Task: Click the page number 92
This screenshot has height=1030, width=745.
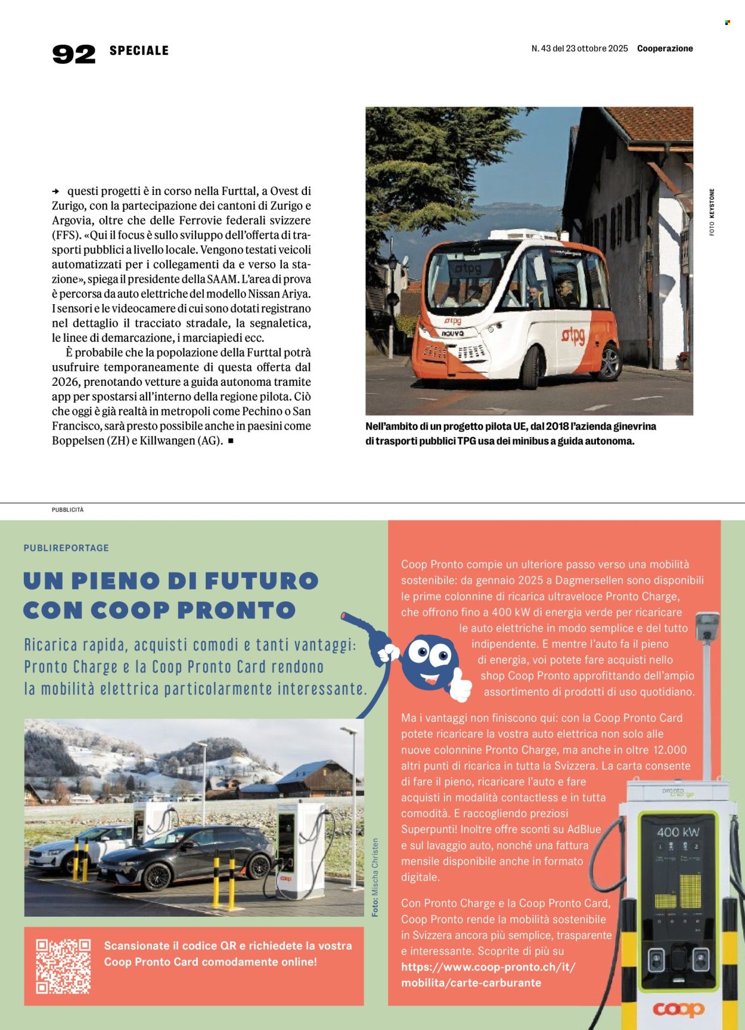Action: click(x=74, y=54)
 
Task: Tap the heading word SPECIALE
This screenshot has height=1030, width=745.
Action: click(x=139, y=51)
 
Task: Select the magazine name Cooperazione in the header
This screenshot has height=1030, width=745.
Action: click(x=665, y=48)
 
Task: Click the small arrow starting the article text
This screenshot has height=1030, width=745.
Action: click(x=56, y=191)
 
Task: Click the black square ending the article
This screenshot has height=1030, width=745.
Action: click(x=231, y=441)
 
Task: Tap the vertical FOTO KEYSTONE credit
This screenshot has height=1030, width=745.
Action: click(x=712, y=212)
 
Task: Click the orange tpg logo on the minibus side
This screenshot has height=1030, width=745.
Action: click(x=573, y=336)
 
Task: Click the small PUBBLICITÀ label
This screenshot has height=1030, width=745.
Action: click(x=67, y=510)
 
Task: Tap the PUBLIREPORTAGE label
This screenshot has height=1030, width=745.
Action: click(x=66, y=548)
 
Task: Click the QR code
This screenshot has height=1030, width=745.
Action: click(x=63, y=966)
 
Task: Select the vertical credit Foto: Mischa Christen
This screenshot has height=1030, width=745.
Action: click(x=375, y=877)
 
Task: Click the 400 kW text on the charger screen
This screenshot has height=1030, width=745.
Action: click(x=678, y=831)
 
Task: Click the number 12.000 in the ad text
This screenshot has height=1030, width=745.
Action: click(x=670, y=750)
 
